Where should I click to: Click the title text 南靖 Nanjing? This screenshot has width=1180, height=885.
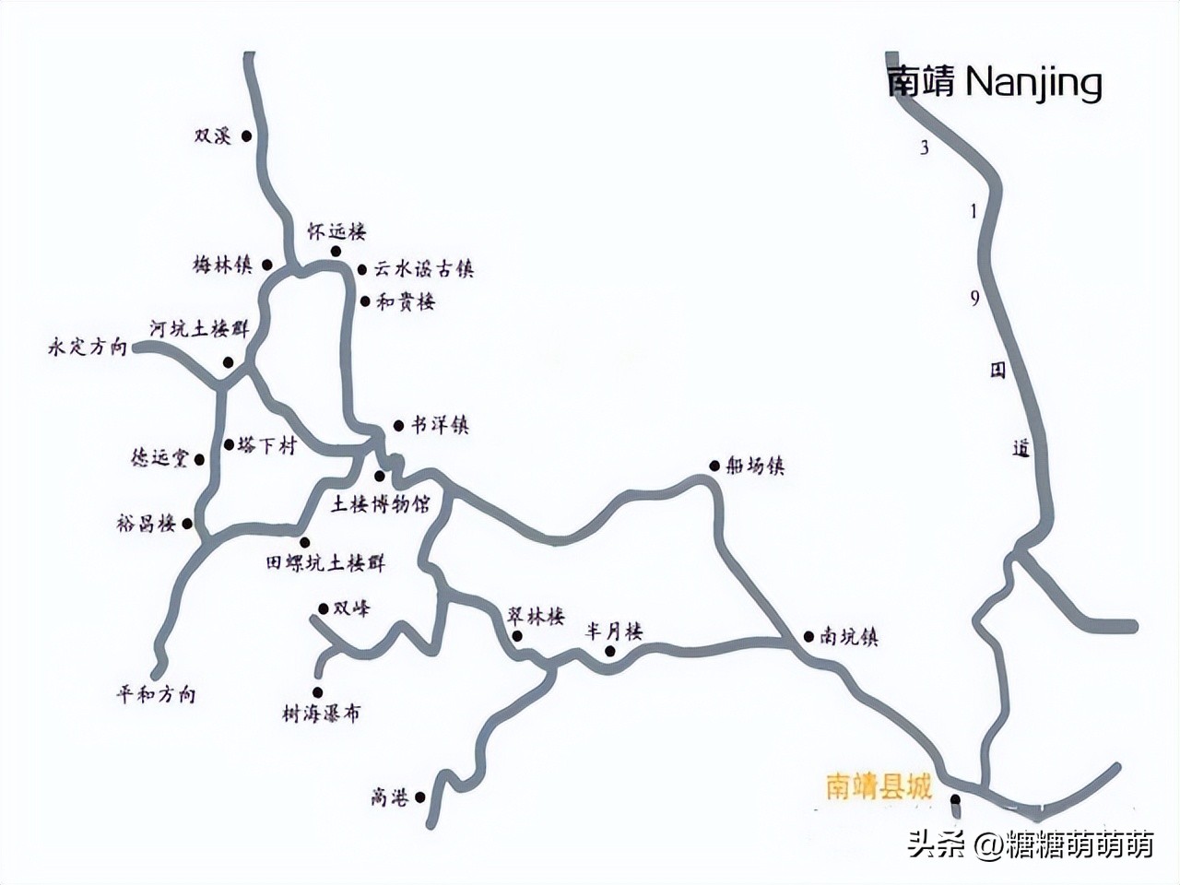[994, 83]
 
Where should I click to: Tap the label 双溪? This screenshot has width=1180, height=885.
[212, 136]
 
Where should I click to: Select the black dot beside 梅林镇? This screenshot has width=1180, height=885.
[267, 265]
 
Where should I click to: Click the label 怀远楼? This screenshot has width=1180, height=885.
[336, 233]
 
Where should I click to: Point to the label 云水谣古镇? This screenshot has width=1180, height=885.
[423, 269]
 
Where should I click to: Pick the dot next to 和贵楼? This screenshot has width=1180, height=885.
[365, 301]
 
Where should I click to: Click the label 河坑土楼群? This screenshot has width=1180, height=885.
[199, 329]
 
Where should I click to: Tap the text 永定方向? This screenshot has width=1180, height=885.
[87, 348]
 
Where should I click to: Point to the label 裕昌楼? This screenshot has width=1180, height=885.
[153, 525]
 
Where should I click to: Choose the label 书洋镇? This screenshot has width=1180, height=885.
[439, 426]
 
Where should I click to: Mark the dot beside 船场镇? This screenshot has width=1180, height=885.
[714, 466]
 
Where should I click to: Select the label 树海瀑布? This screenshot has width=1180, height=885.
[322, 713]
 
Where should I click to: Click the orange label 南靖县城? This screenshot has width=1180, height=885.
[879, 788]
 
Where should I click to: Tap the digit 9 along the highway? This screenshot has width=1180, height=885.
[975, 299]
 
